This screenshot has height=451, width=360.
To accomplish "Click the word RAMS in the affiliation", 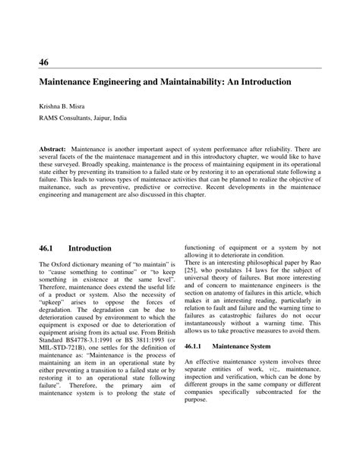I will [51, 119].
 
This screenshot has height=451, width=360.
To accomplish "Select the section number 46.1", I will [47, 248].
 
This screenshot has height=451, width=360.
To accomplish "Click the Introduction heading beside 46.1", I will [90, 248].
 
